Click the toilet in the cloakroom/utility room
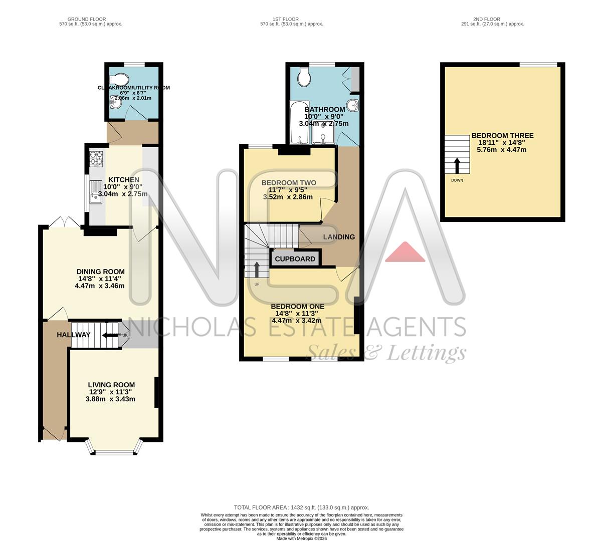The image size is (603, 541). [119, 79]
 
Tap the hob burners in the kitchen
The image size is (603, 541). [96, 158]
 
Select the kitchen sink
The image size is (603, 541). [95, 193]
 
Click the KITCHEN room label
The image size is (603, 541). [124, 180]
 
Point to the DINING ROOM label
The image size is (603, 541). [100, 272]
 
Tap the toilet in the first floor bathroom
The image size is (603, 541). [303, 76]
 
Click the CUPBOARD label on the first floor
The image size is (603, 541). [295, 259]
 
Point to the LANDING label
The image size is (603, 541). [339, 237]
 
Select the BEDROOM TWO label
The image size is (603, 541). [289, 183]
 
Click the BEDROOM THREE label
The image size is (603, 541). [502, 136]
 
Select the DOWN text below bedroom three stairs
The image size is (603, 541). [457, 180]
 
